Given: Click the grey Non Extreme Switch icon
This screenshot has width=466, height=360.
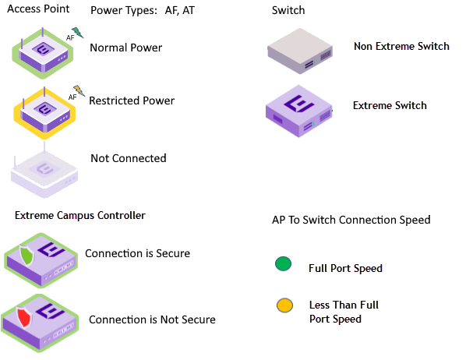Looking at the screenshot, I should [x=301, y=51].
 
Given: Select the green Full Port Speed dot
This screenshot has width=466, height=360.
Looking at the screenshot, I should [x=283, y=264].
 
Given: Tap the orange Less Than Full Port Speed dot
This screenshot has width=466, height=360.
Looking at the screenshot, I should [x=283, y=305].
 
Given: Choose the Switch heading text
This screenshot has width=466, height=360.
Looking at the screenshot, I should [x=288, y=11].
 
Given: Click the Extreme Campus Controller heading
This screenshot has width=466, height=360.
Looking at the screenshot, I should [x=79, y=215].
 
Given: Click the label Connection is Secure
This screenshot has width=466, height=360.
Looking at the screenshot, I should [x=137, y=253].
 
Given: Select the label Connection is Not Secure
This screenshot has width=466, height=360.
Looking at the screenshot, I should [x=152, y=319].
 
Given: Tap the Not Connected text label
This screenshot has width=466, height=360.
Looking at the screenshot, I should [x=129, y=158].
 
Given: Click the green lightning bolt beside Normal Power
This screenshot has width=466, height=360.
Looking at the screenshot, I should [x=76, y=34].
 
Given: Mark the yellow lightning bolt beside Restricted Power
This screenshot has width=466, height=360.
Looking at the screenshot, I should [x=78, y=90].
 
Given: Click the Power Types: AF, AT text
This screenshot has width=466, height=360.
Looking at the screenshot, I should [x=143, y=11].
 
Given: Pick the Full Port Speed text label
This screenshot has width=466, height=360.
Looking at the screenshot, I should [x=345, y=268].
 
